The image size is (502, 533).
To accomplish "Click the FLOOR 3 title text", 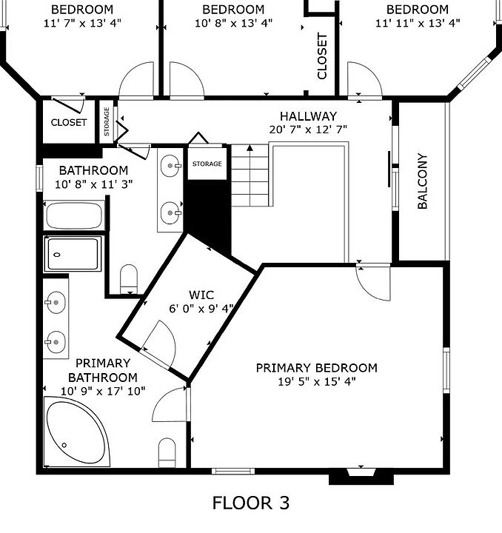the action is pyautogui.click(x=251, y=503).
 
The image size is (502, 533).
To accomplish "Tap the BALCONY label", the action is pyautogui.click(x=422, y=181).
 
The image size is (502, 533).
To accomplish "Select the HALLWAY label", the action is pyautogui.click(x=308, y=116).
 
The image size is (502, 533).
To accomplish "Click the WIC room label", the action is pyautogui.click(x=201, y=295).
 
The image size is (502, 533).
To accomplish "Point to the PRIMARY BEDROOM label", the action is pyautogui.click(x=316, y=368).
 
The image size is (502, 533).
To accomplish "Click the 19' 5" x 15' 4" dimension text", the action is pyautogui.click(x=317, y=382).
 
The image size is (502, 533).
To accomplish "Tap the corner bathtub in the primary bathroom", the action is pyautogui.click(x=77, y=432).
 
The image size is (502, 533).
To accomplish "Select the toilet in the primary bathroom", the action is pyautogui.click(x=167, y=453).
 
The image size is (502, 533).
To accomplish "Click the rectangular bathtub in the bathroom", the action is pyautogui.click(x=74, y=215).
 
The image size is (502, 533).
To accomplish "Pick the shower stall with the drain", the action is pyautogui.click(x=73, y=254).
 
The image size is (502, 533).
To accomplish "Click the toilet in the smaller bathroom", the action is pyautogui.click(x=129, y=279).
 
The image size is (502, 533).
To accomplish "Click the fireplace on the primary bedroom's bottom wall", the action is pyautogui.click(x=361, y=476).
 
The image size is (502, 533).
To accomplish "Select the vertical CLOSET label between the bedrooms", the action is pyautogui.click(x=322, y=56).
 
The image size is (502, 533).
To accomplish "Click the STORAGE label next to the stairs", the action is pyautogui.click(x=207, y=164).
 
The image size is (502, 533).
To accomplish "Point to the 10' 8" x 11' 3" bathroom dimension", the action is pyautogui.click(x=94, y=184).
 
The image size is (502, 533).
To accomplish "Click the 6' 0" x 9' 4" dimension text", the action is pyautogui.click(x=201, y=308).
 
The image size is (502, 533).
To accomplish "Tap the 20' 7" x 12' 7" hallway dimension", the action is pyautogui.click(x=308, y=130).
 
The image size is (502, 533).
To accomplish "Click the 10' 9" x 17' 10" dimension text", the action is pyautogui.click(x=103, y=392).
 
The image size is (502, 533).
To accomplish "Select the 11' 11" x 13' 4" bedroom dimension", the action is pyautogui.click(x=418, y=23).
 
